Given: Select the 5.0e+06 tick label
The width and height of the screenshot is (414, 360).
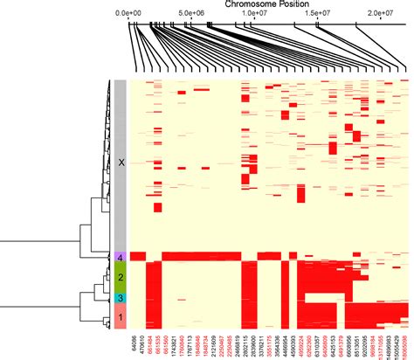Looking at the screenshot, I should point(190,15).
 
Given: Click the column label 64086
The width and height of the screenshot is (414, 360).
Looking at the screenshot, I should point(134,343).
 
